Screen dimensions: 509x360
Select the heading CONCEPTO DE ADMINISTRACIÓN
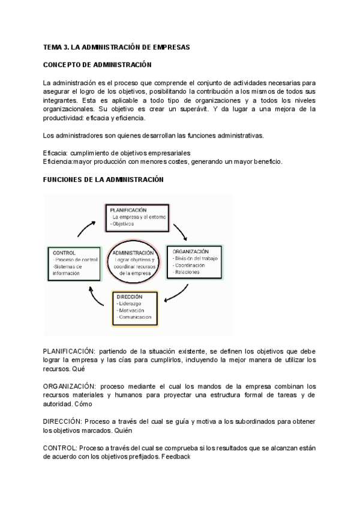[x=97, y=64]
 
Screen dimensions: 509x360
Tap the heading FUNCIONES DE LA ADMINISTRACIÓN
[x=103, y=179]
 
